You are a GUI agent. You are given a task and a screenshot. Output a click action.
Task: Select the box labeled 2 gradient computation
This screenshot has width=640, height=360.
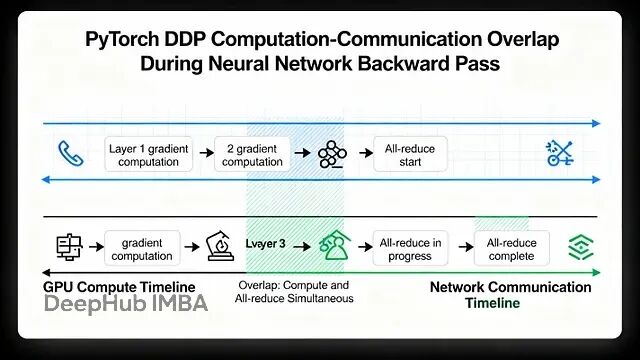click(252, 155)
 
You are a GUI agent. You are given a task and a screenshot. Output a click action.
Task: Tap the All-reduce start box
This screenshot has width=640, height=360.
click(410, 155)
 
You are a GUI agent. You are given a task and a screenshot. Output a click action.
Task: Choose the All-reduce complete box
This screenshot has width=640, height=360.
click(513, 248)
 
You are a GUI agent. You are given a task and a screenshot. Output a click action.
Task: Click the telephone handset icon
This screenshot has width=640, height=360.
click(70, 154)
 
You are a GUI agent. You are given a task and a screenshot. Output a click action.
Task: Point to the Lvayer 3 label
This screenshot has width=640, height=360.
click(265, 243)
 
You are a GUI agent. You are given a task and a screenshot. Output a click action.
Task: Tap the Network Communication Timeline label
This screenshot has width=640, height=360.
click(510, 294)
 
